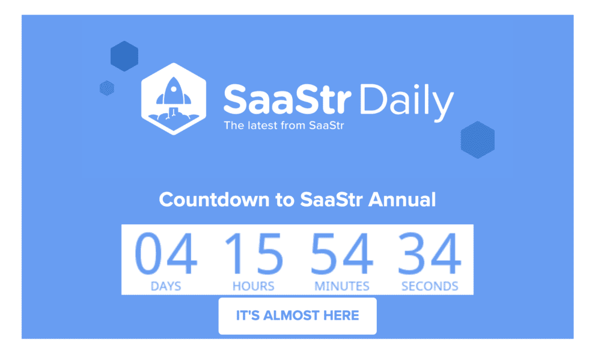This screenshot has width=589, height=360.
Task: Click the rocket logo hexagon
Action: pos(174,99)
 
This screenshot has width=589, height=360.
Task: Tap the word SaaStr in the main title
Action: pos(287,99)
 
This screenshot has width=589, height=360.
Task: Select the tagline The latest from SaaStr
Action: pos(284,126)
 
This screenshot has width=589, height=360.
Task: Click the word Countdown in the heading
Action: pos(214,199)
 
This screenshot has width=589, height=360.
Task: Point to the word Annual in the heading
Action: pos(402,199)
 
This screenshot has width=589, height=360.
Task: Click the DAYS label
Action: pos(166,286)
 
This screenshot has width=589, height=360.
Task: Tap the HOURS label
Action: pos(254,286)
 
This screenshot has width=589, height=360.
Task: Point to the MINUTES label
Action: pos(342,286)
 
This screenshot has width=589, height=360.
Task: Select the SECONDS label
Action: pos(430,286)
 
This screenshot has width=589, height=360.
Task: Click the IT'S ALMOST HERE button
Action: pos(298,316)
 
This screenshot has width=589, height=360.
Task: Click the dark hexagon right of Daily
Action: pos(477,140)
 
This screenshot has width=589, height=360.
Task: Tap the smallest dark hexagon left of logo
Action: pos(107,88)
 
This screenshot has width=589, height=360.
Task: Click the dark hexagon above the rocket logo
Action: pos(124,56)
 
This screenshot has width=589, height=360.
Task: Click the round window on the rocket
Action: pos(174,90)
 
